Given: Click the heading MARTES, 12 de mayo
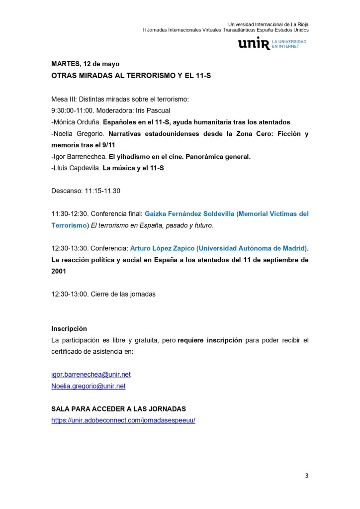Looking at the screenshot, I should click(x=85, y=64).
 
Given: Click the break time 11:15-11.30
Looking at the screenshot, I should click(x=102, y=191).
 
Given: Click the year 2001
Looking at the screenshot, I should click(x=59, y=272).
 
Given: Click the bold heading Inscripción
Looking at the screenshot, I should click(x=69, y=328).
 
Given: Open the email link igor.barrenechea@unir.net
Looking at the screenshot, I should click(x=91, y=374).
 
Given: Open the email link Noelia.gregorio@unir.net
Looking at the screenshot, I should click(x=88, y=386).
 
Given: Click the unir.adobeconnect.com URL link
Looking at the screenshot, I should click(x=123, y=420).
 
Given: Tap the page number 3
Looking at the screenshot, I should click(x=306, y=476).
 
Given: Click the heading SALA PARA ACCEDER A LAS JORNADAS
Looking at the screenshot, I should click(x=118, y=408).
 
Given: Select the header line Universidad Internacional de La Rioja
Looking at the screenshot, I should click(x=268, y=24).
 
